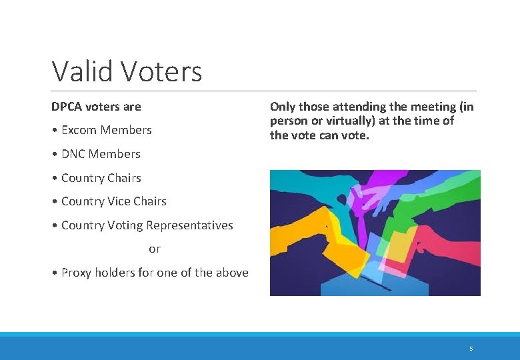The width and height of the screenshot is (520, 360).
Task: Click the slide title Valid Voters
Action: click(x=127, y=71)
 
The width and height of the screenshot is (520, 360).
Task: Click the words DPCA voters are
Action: click(x=96, y=107)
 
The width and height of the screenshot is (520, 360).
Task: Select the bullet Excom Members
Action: click(x=106, y=130)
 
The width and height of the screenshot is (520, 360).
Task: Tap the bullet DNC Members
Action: click(x=100, y=154)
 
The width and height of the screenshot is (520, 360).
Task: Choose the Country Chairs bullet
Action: click(x=101, y=178)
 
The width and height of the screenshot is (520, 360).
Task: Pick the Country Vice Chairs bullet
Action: click(x=113, y=201)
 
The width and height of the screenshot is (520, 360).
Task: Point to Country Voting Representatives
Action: click(x=147, y=225)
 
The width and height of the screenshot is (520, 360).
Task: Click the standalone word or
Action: click(x=155, y=249)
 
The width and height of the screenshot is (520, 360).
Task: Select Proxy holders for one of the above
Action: click(x=154, y=273)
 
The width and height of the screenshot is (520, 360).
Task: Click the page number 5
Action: click(x=471, y=349)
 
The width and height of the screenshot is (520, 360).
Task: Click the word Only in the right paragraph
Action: click(x=283, y=107)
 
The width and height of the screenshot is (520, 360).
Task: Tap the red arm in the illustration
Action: click(x=447, y=240)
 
